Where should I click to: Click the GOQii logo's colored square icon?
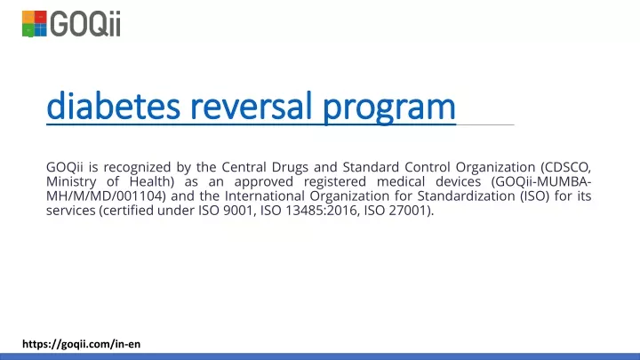coord(35,24)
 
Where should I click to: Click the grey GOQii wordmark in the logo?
coord(85,24)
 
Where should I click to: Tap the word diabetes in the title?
coord(113,106)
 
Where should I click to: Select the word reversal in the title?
coord(251,106)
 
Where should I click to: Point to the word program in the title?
coord(389,108)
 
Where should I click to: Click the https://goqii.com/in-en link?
coord(81,344)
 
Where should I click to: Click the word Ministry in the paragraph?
coord(71,182)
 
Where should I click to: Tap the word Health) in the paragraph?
coord(152,181)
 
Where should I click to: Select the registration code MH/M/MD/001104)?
coord(106,196)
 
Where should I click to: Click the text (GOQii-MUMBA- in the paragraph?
coord(541,181)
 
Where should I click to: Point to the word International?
coord(265,196)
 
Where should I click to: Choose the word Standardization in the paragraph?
coord(466,196)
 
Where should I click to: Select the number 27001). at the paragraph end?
coord(412,211)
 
